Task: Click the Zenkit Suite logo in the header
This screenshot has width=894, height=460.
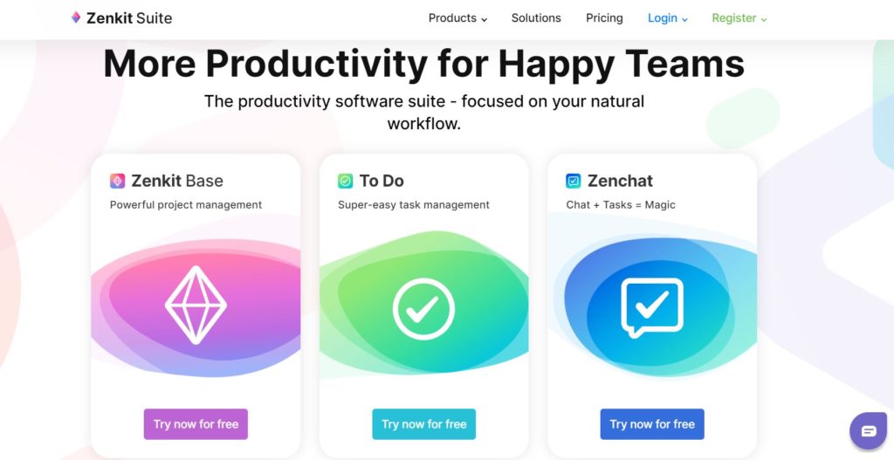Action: tap(120, 18)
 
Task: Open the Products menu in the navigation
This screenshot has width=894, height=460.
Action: tap(457, 18)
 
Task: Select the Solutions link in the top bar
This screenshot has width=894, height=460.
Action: tap(536, 18)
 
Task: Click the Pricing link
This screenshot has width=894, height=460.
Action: tap(604, 18)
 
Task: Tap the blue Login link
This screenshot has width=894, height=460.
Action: tap(668, 18)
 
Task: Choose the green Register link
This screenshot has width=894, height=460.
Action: tap(739, 18)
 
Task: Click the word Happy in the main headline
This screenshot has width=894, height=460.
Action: tap(557, 65)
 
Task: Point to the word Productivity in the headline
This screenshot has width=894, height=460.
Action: tap(316, 65)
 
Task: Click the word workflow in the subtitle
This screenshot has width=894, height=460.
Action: tap(423, 124)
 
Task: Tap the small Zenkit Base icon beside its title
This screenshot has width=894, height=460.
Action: tap(118, 181)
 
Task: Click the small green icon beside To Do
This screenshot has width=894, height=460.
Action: tap(346, 181)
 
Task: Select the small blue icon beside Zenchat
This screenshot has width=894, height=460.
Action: tap(574, 181)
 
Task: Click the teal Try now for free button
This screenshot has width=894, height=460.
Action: tap(423, 424)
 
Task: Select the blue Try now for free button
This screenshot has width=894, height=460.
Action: tap(652, 424)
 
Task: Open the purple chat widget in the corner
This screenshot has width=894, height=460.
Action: tap(869, 431)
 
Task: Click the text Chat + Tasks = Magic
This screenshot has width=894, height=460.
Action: tap(621, 204)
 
